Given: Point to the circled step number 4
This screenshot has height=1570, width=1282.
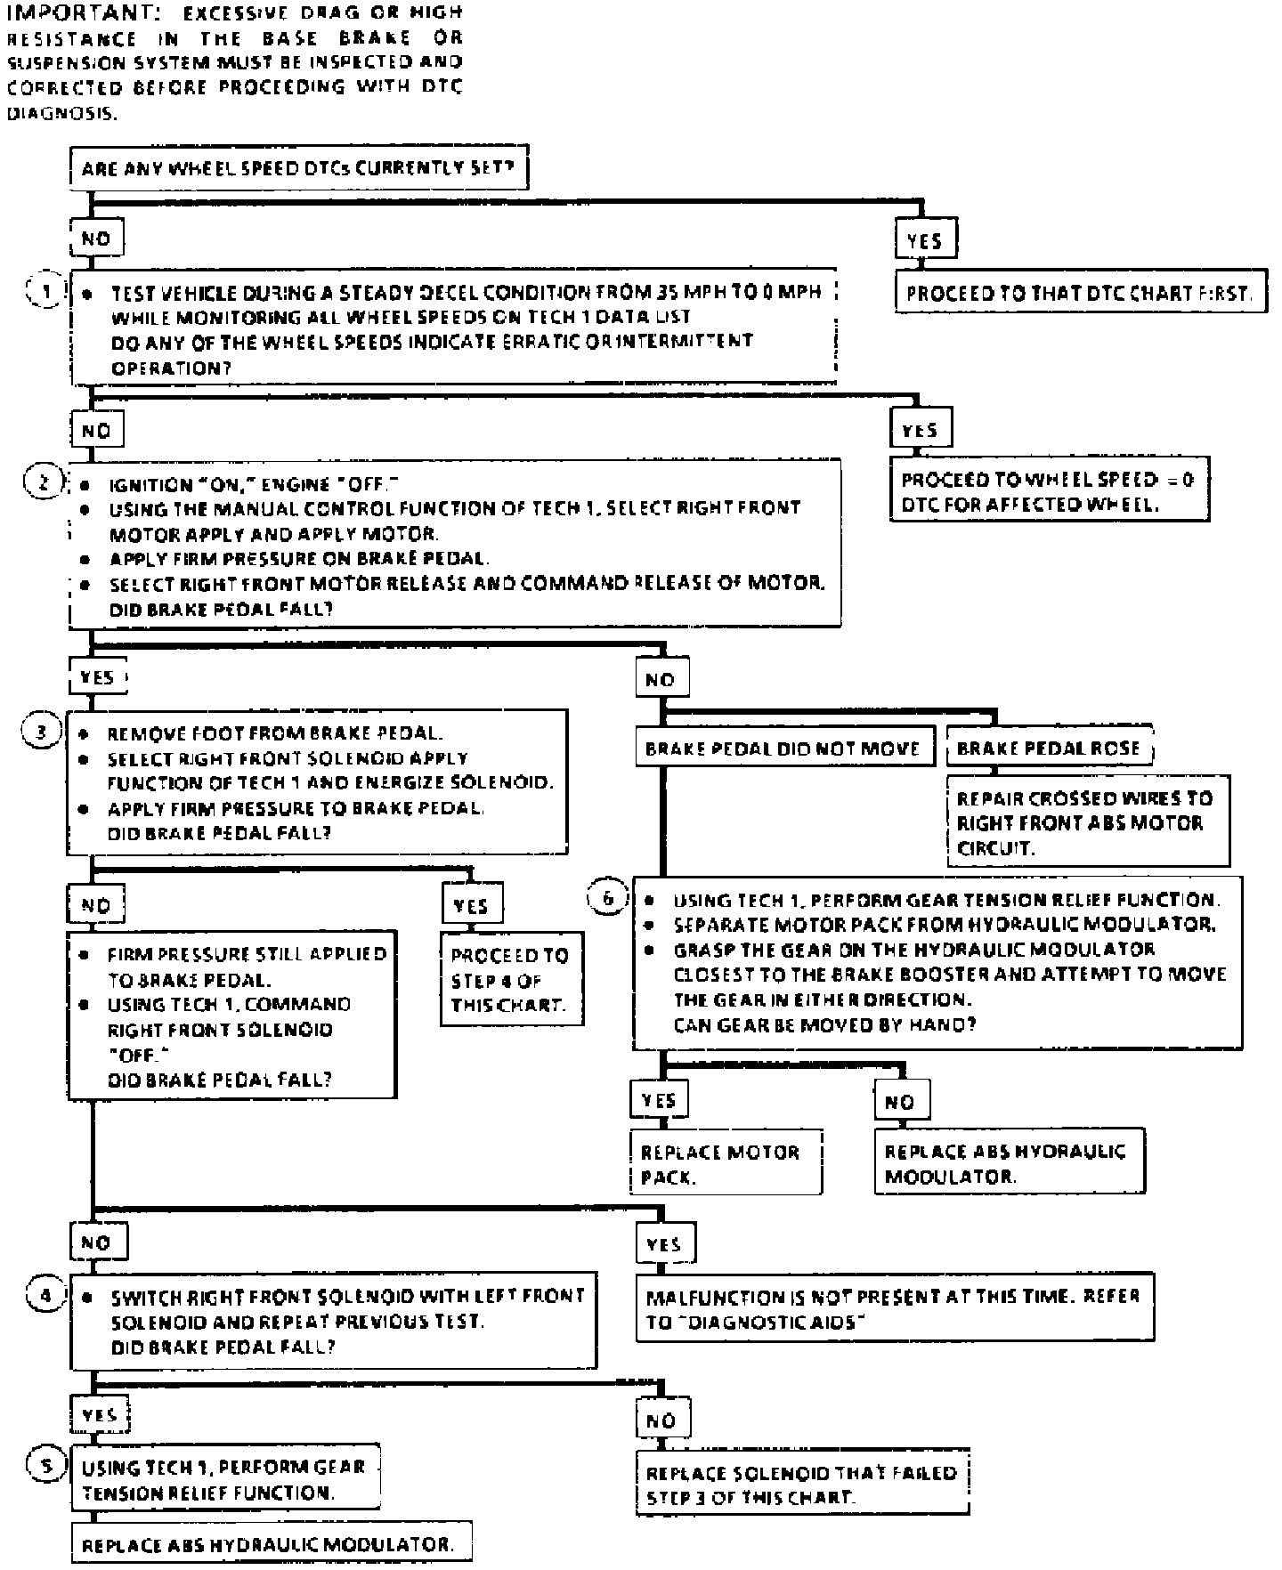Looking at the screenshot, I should [45, 1295].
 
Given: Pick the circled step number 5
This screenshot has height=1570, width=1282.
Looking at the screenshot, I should [45, 1466].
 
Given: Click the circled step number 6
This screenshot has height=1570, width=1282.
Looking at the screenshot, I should [608, 899].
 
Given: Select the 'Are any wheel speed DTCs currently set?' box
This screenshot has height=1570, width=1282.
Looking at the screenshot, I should [299, 168].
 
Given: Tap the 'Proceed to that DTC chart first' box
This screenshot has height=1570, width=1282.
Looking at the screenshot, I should [1080, 293].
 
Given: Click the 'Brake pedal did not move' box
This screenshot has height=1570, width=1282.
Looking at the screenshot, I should [783, 749].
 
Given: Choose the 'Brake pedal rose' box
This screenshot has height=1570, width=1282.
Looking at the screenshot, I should [1049, 748].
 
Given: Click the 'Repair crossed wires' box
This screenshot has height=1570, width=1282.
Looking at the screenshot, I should [1087, 822].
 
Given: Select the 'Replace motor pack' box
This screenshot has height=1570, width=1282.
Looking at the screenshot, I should [725, 1164].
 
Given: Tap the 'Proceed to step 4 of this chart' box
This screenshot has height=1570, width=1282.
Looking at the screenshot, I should [511, 979].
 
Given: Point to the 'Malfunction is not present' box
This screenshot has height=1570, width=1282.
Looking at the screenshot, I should [895, 1308].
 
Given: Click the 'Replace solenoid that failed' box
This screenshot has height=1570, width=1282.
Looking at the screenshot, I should [801, 1485].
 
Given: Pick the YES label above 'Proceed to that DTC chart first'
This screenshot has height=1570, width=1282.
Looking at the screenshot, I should [924, 240].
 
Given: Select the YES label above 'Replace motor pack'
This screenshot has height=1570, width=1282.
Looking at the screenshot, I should [658, 1101].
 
